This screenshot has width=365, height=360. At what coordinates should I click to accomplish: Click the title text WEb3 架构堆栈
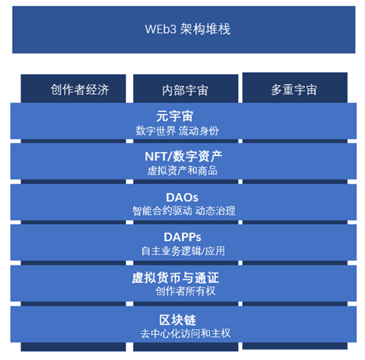188,29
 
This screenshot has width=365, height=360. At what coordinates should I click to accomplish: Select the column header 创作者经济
80,90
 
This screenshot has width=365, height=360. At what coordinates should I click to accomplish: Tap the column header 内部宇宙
185,91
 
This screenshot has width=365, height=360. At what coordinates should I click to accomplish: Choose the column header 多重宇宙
294,90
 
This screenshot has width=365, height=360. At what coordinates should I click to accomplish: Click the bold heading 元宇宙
175,116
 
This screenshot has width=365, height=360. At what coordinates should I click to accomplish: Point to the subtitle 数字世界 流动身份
177,131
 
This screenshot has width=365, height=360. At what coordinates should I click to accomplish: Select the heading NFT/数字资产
184,157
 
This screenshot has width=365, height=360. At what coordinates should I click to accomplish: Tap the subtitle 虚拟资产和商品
182,171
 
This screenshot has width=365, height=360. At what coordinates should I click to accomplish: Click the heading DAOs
182,198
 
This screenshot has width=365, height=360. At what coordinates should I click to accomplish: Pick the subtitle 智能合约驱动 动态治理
184,211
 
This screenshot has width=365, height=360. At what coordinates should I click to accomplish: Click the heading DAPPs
182,237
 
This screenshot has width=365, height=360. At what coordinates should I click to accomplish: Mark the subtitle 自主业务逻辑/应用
183,251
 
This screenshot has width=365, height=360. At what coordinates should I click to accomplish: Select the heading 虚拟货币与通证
175,278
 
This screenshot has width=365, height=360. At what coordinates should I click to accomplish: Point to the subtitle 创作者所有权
185,291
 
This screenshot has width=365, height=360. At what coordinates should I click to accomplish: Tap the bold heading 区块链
177,320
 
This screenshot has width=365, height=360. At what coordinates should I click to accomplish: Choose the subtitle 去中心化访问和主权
185,333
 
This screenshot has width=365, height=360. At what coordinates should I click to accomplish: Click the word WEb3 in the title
161,29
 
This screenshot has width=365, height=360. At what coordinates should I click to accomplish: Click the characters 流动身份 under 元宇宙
199,131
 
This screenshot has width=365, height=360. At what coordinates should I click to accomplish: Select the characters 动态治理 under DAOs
215,211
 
